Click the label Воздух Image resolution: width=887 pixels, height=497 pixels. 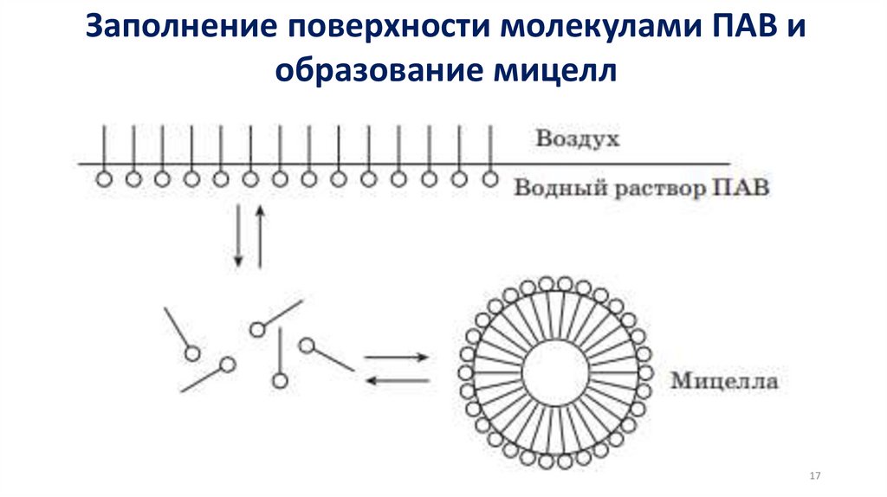[578, 139]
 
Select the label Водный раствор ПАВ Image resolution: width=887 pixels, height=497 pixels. [641, 188]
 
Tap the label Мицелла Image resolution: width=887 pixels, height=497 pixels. [724, 380]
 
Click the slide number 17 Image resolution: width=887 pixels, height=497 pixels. [813, 476]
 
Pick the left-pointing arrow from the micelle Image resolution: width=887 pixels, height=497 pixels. [396, 380]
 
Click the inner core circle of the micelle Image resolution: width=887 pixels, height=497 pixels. [554, 373]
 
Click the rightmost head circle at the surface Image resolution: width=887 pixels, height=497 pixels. [490, 179]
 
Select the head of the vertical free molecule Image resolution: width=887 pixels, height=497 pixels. [279, 379]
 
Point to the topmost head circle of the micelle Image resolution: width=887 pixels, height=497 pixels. [547, 283]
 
